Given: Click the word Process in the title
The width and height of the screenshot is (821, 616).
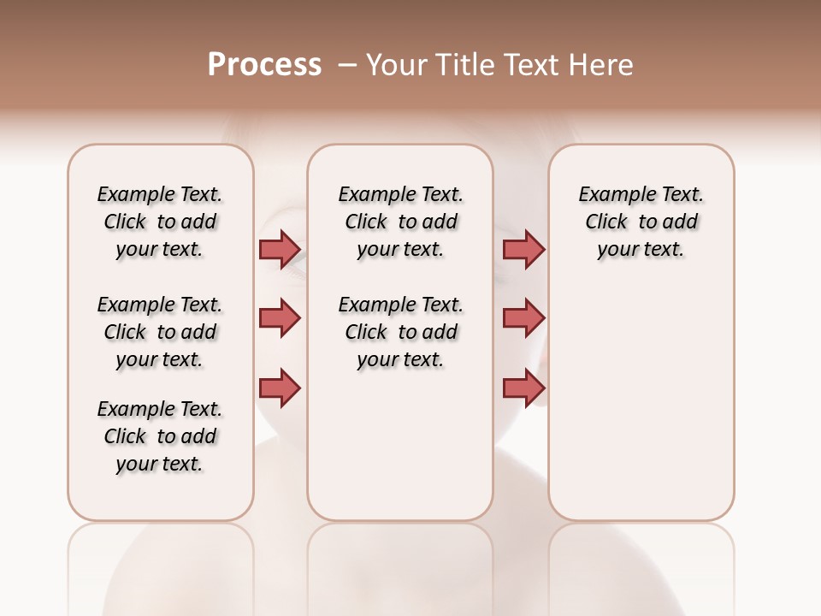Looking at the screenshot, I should point(264,64).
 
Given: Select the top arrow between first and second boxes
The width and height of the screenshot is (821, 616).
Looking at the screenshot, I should point(280,250).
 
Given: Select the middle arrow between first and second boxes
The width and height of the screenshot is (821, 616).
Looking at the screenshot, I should point(280,318).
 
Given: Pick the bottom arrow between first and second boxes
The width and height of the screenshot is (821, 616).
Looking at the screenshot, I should point(280,388).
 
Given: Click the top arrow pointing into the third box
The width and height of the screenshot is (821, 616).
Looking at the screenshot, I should point(523,250).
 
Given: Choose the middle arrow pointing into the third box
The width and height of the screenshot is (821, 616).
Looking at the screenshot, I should point(523,318).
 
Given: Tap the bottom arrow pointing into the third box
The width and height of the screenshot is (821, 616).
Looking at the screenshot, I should point(523,388).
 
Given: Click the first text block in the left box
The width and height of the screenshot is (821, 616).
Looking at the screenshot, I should point(160,222).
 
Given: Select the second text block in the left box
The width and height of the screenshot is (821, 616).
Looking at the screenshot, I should point(160,332).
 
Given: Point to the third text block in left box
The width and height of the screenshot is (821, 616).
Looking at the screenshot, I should point(160,436).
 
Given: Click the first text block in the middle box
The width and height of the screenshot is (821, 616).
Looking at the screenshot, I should point(400,222).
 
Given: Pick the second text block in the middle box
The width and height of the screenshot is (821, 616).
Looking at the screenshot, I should point(400,332).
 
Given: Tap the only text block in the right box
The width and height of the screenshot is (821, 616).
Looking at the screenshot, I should point(641,222).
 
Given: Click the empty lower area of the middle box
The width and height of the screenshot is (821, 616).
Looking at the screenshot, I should point(400,445).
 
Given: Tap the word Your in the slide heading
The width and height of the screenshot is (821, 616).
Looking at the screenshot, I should point(397,64).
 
